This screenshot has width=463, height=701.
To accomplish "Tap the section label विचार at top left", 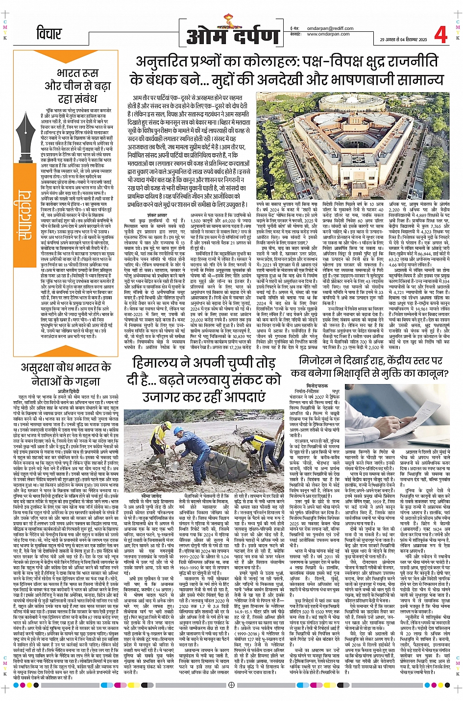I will [x=49, y=34].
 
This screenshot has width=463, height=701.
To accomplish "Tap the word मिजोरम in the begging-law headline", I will [x=319, y=361].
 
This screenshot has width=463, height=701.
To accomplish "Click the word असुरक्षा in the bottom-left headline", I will [x=40, y=367].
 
